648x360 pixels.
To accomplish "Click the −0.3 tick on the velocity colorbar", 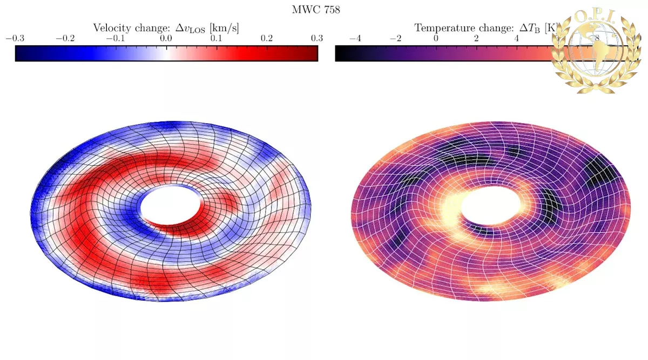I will pos(15,38).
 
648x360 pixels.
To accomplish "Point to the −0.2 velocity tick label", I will pos(65,38).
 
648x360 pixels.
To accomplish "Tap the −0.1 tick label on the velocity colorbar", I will pos(116,38).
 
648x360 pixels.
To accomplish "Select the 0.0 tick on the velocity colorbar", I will pos(166,38).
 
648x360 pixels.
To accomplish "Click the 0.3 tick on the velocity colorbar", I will pos(317,38).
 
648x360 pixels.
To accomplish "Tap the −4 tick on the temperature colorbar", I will pos(355,38).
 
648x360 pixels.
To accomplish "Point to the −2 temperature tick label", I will pos(396,38).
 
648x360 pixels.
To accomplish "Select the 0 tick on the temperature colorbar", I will pos(436,38).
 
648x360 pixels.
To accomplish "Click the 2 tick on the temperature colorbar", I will pos(476,38).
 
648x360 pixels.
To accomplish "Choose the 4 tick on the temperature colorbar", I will pos(517,38).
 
